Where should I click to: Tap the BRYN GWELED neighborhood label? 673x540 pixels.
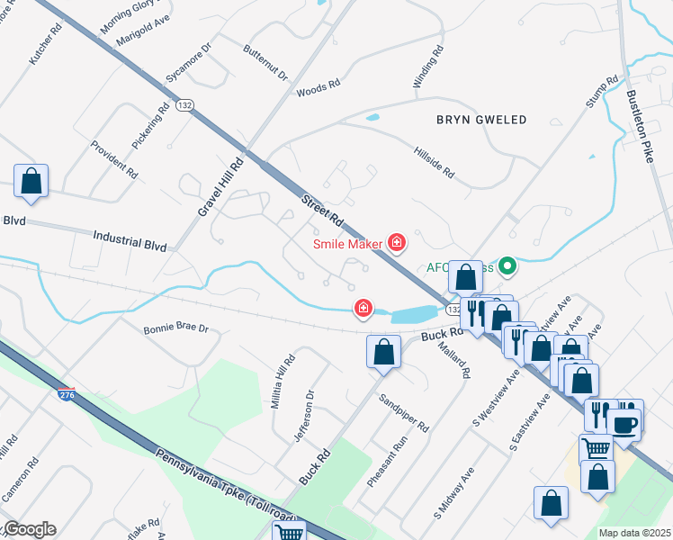pyautogui.click(x=481, y=120)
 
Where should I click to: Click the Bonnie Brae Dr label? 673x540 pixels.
pyautogui.click(x=175, y=329)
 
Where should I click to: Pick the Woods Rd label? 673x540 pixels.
pyautogui.click(x=318, y=88)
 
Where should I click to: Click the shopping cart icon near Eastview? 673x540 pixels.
pyautogui.click(x=596, y=447)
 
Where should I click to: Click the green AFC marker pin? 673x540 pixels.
pyautogui.click(x=507, y=265)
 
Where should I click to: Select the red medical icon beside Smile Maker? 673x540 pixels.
pyautogui.click(x=394, y=242)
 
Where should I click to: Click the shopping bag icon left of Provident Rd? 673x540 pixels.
pyautogui.click(x=31, y=181)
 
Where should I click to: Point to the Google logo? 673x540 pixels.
pyautogui.click(x=29, y=529)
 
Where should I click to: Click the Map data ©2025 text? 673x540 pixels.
pyautogui.click(x=634, y=533)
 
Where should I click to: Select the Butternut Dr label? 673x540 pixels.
pyautogui.click(x=265, y=62)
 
